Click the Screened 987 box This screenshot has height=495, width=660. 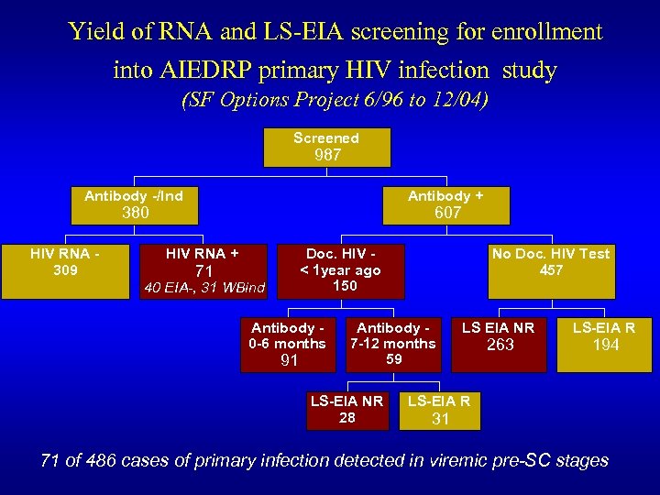326,147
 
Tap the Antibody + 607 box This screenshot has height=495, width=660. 445,204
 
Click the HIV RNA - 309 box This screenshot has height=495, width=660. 65,271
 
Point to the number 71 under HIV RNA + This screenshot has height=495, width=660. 203,271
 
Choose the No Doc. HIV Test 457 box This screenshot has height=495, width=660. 551,270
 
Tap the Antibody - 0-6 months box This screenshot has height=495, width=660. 288,345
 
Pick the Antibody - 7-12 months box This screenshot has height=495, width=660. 393,344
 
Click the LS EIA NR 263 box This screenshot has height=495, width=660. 500,344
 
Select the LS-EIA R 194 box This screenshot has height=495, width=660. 604,344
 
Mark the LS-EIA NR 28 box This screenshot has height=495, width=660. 346,410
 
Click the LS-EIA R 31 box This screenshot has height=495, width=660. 439,410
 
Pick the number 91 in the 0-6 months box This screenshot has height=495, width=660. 289,361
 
